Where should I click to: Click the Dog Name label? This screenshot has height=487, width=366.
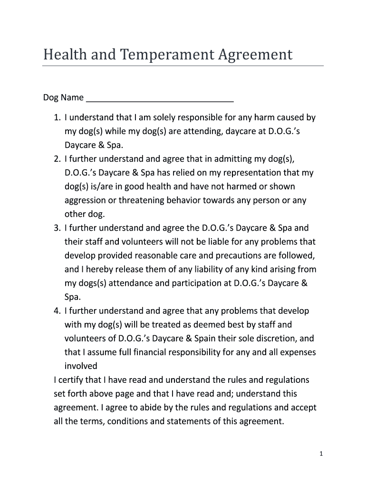coord(63,98)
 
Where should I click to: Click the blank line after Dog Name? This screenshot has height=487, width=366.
coord(160,99)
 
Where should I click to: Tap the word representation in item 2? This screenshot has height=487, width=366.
coord(242,173)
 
